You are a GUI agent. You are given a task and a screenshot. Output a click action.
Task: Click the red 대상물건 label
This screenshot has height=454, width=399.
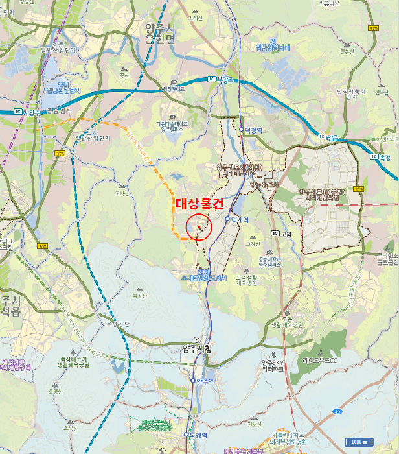tap(200, 203)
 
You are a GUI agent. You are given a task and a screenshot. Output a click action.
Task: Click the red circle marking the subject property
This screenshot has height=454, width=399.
tap(199, 227)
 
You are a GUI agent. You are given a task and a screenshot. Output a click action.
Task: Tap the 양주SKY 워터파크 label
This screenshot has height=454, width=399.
tap(273, 365)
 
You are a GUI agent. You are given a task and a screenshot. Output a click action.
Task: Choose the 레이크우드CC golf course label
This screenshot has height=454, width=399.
tap(319, 359)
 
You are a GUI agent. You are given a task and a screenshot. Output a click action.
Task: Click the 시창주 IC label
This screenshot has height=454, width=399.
tap(28, 112)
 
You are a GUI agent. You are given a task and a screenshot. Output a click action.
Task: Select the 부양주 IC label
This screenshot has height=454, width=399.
tap(224, 79)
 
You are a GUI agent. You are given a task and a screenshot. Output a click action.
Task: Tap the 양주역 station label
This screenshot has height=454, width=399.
tap(205, 381)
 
